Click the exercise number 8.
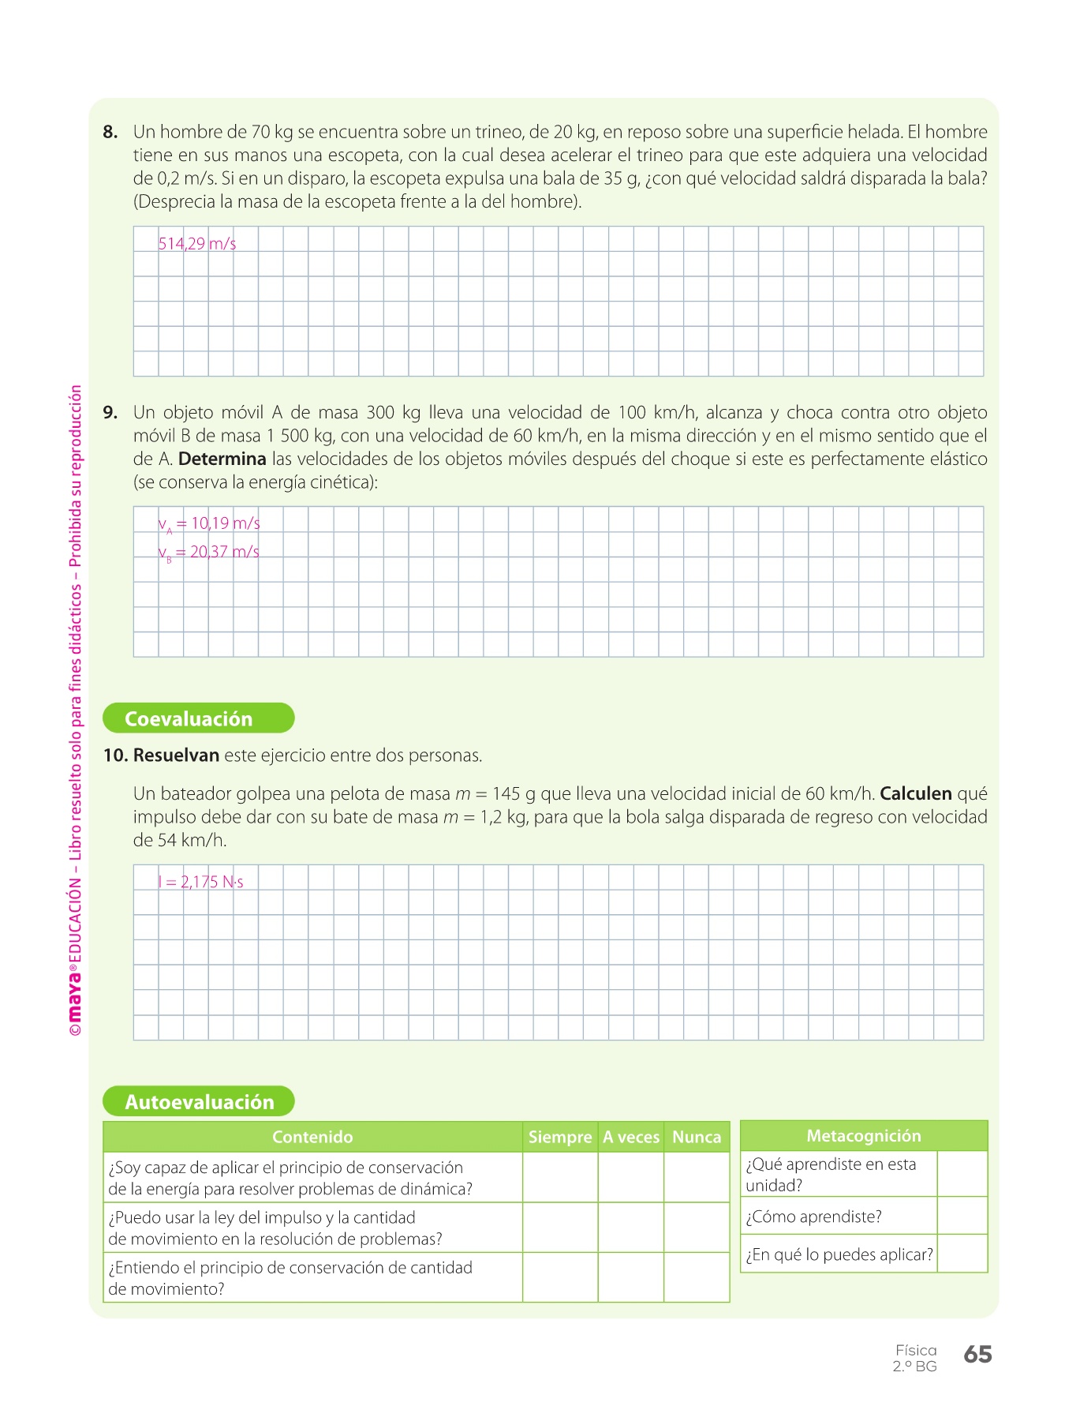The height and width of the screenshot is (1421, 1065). tap(110, 133)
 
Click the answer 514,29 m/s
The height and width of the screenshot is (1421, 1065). tap(197, 244)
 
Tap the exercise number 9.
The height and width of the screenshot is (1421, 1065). tap(110, 413)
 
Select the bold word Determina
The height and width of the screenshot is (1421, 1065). tap(222, 459)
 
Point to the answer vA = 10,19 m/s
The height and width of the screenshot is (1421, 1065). tap(209, 524)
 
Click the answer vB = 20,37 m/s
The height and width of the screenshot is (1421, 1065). tap(209, 553)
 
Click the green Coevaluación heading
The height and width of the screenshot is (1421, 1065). tap(198, 718)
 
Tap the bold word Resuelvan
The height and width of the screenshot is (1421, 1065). tap(176, 755)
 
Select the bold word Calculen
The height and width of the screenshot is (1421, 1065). tap(915, 794)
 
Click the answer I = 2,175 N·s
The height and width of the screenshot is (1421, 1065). tap(201, 883)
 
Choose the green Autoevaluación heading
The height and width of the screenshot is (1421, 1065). tap(199, 1102)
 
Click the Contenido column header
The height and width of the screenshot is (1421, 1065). tap(312, 1137)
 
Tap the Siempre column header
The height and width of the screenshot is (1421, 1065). tap(559, 1137)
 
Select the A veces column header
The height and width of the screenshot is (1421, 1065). tap(630, 1137)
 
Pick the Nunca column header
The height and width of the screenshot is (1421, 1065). tap(697, 1137)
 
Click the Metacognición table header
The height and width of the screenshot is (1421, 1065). tap(864, 1136)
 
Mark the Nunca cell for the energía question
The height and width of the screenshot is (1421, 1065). tap(697, 1178)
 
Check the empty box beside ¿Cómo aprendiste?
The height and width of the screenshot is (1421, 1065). tap(962, 1216)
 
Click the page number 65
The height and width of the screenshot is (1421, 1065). tap(977, 1355)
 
